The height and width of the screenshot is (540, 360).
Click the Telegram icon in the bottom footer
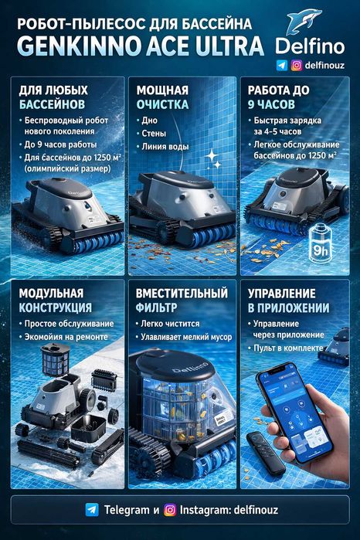coord(93,511)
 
